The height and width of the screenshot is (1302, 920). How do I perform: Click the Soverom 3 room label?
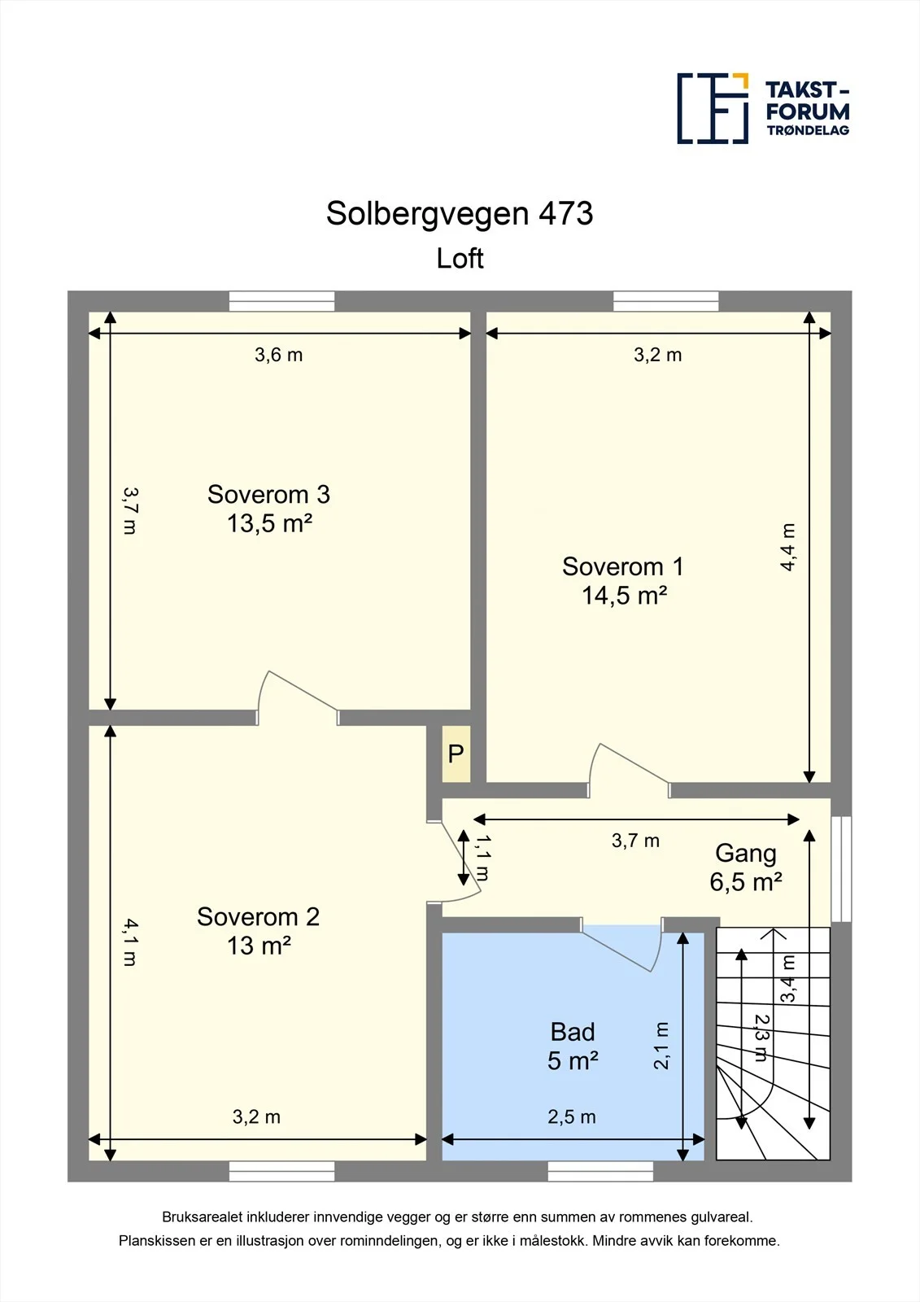click(x=268, y=509)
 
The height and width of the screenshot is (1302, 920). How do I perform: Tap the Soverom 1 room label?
click(x=623, y=581)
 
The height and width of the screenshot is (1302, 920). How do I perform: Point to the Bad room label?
click(x=573, y=1046)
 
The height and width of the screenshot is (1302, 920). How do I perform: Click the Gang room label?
click(x=746, y=867)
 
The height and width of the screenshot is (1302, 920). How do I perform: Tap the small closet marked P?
click(x=456, y=754)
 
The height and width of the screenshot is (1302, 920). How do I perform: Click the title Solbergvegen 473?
click(x=459, y=213)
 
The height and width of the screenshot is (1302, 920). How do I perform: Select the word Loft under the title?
click(x=460, y=258)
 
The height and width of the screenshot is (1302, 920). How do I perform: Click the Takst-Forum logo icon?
click(x=713, y=108)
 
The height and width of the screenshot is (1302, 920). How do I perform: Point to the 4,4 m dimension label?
click(x=787, y=547)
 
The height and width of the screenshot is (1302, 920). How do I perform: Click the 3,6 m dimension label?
click(x=278, y=355)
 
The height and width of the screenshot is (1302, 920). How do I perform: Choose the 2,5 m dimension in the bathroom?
click(x=571, y=1116)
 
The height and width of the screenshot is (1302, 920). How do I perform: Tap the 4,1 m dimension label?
click(x=130, y=942)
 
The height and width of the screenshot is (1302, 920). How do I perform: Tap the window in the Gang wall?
click(x=841, y=869)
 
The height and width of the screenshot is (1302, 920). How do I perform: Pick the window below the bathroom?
click(x=600, y=1171)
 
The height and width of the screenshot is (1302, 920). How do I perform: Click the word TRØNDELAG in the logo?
click(x=808, y=130)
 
